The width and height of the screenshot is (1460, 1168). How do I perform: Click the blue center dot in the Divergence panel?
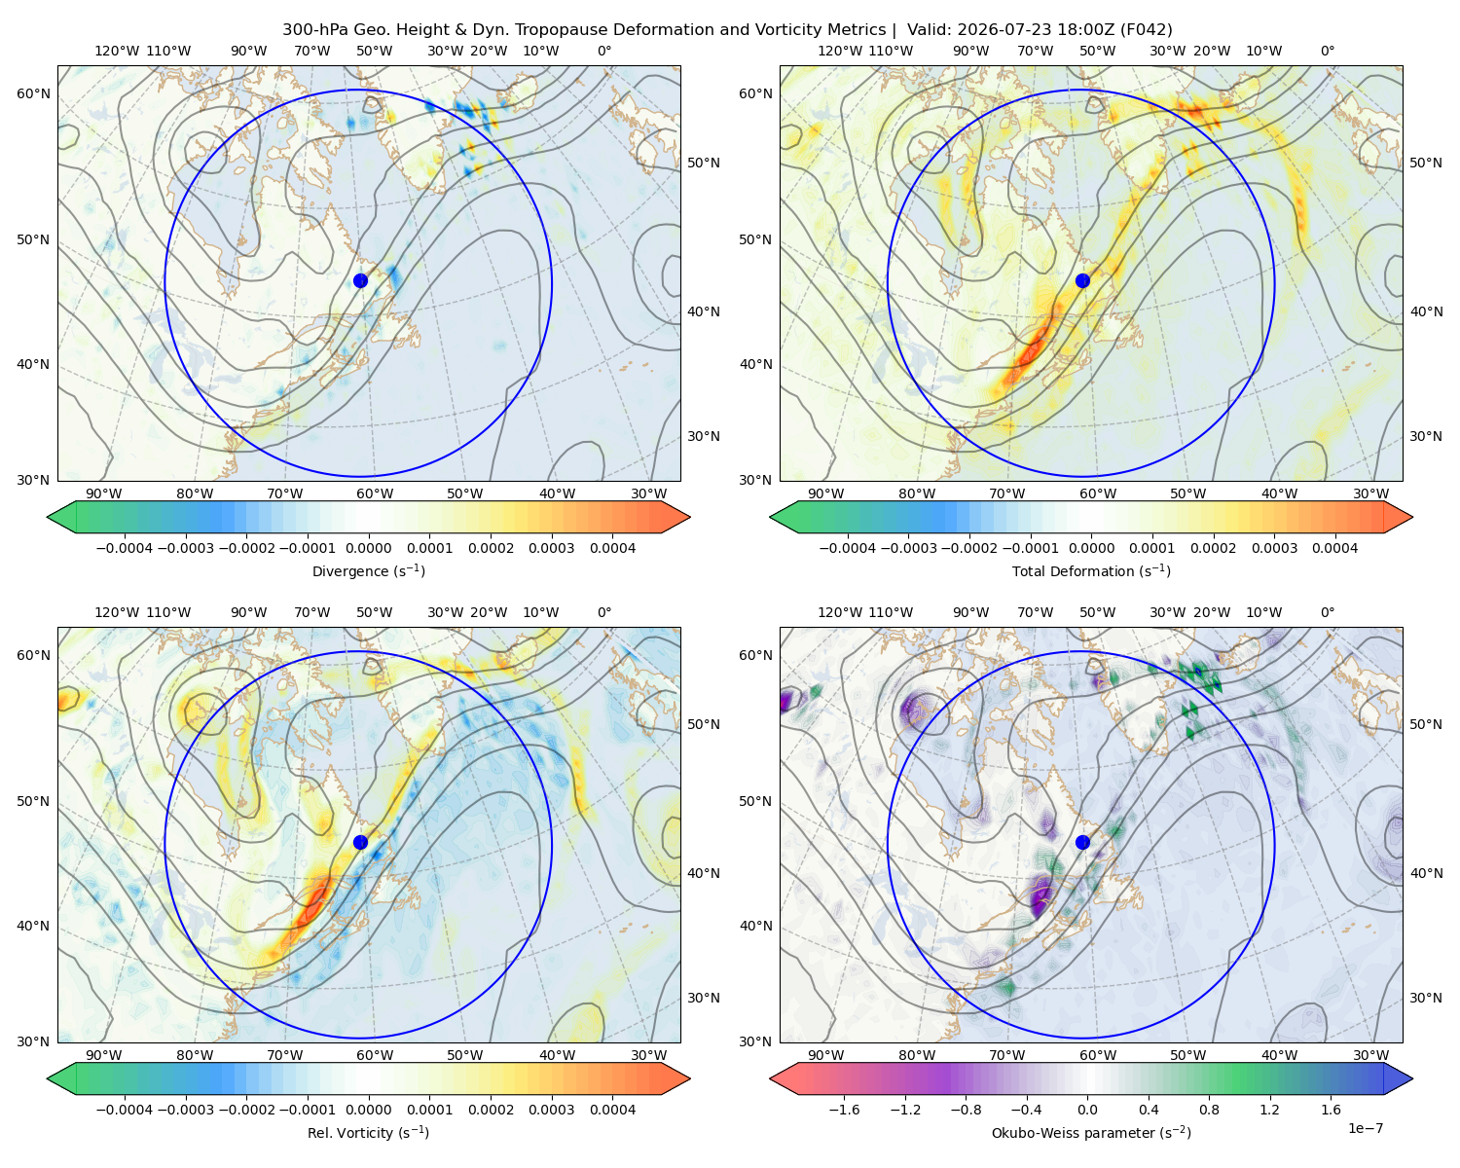(x=360, y=280)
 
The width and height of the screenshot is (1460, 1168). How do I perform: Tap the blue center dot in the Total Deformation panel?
(x=1082, y=280)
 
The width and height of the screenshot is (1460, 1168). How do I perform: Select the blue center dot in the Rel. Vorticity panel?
(x=360, y=842)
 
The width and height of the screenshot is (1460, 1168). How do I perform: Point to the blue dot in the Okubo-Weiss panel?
(x=1082, y=842)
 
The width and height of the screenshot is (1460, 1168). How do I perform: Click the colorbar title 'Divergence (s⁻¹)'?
(x=368, y=570)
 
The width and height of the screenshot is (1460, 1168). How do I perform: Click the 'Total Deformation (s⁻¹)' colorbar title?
(x=1091, y=570)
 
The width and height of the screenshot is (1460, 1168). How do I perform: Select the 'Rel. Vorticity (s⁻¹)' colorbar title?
(x=368, y=1132)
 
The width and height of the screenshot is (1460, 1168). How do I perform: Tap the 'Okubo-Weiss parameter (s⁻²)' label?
(x=1091, y=1132)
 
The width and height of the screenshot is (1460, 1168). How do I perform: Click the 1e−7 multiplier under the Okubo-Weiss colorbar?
(x=1365, y=1128)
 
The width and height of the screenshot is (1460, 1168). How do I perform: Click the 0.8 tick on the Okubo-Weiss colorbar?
(x=1209, y=1109)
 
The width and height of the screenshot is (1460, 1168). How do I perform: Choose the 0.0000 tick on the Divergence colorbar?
(x=368, y=548)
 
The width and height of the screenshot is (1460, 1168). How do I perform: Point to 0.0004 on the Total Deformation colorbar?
(x=1334, y=548)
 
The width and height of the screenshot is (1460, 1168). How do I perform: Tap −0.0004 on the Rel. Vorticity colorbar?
(x=125, y=1109)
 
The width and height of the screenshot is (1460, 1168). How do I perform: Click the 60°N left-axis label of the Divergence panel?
(x=33, y=93)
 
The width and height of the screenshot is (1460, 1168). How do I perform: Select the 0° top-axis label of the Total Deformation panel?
(x=1327, y=51)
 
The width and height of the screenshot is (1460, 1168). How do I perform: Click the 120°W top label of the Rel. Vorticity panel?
(x=117, y=611)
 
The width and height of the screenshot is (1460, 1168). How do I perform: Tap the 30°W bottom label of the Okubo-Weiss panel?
(x=1370, y=1055)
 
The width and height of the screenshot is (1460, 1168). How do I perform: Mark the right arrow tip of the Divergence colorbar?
(x=690, y=517)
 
